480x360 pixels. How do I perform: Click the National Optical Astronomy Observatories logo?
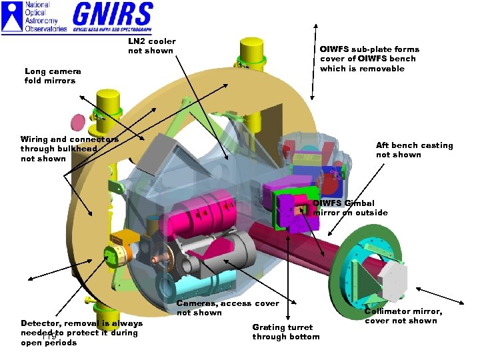(35, 17)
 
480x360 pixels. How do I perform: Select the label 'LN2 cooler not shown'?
(151, 46)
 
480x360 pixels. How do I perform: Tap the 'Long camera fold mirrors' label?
(53, 76)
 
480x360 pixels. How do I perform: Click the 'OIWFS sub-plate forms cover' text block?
(369, 59)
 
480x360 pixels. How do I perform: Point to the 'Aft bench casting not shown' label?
(414, 150)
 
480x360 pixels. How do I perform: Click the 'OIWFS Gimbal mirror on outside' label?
(350, 208)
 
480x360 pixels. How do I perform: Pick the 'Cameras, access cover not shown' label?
(227, 308)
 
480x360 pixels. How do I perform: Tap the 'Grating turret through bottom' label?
(285, 331)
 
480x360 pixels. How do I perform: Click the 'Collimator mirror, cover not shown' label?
(403, 316)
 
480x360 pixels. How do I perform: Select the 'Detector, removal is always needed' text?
(81, 333)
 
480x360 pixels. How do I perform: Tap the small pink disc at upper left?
(78, 123)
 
